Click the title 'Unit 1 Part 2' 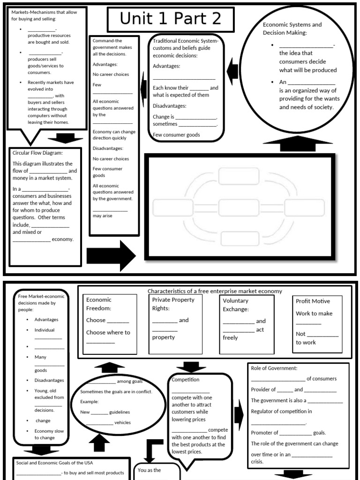point(164,19)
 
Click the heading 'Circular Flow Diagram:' point(37,152)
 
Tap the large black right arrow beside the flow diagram point(111,255)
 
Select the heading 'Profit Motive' point(313,301)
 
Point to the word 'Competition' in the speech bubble point(186,380)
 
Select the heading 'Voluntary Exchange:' point(235,305)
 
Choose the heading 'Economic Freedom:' point(99,304)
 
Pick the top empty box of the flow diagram point(239,177)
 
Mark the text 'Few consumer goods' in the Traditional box point(176,135)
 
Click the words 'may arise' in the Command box point(102,216)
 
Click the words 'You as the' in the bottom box point(150,470)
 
